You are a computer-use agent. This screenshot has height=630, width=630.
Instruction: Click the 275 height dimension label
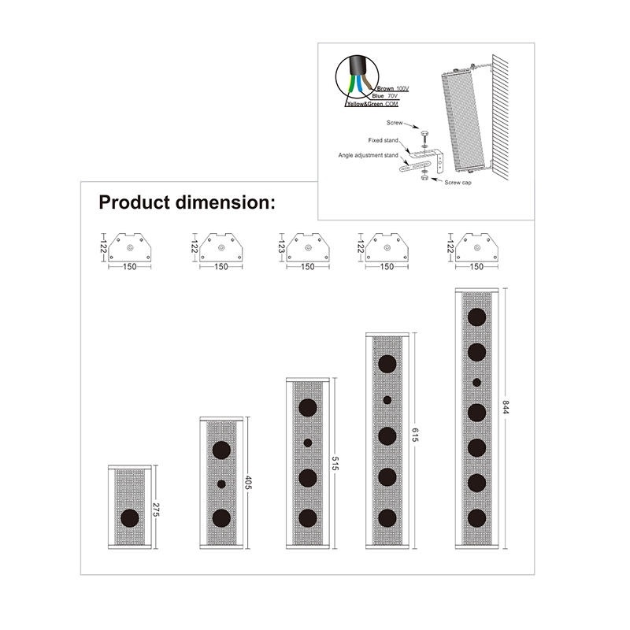pyautogui.click(x=156, y=510)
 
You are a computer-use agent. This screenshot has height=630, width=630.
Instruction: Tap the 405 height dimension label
pyautogui.click(x=248, y=482)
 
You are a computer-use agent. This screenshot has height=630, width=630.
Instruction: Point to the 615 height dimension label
pyautogui.click(x=415, y=435)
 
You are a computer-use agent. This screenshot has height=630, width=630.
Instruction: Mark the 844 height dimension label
pyautogui.click(x=505, y=406)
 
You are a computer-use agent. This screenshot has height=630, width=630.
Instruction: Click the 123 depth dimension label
pyautogui.click(x=281, y=246)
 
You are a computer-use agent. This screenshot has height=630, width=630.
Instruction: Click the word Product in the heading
pyautogui.click(x=135, y=202)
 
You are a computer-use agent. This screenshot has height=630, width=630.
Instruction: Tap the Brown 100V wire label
pyautogui.click(x=392, y=88)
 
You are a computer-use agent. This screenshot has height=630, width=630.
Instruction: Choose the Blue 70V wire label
pyautogui.click(x=384, y=96)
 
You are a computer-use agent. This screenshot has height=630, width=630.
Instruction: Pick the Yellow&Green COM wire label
pyautogui.click(x=372, y=104)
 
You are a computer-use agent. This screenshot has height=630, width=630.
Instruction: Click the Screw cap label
pyautogui.click(x=458, y=183)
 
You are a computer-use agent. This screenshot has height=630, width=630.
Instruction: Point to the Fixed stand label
pyautogui.click(x=383, y=140)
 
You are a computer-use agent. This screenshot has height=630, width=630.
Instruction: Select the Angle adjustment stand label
pyautogui.click(x=368, y=155)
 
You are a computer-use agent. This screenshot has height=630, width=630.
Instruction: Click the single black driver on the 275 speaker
pyautogui.click(x=130, y=518)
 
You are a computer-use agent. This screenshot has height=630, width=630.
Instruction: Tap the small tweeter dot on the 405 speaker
pyautogui.click(x=221, y=484)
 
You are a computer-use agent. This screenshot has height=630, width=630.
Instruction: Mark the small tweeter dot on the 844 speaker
pyautogui.click(x=477, y=383)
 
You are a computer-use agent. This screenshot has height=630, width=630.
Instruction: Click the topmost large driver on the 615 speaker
pyautogui.click(x=387, y=364)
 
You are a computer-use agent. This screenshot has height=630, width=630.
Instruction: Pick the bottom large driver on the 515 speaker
pyautogui.click(x=308, y=518)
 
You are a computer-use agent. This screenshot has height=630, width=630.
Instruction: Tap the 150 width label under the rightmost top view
pyautogui.click(x=476, y=266)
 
